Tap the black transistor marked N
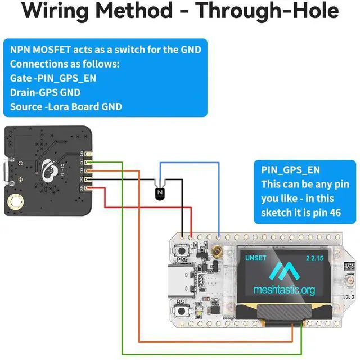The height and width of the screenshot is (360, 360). pyautogui.click(x=159, y=193)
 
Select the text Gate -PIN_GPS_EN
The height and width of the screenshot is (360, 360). pyautogui.click(x=53, y=78)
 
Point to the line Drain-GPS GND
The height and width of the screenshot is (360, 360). pyautogui.click(x=45, y=92)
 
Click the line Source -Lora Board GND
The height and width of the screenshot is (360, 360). pyautogui.click(x=66, y=106)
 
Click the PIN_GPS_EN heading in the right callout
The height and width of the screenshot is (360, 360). pyautogui.click(x=291, y=169)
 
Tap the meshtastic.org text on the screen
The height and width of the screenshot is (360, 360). pyautogui.click(x=284, y=290)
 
